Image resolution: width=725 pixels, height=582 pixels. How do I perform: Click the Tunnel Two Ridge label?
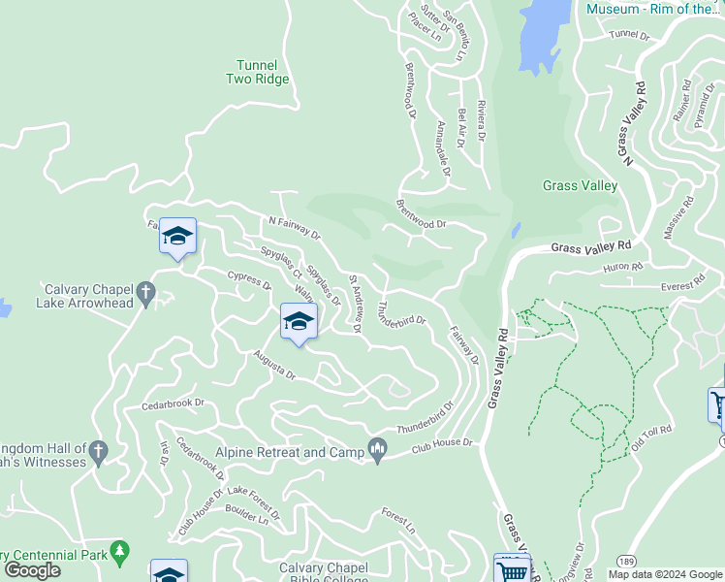pos(257,72)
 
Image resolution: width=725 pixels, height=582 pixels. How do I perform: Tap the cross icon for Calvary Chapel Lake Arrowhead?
pos(145,290)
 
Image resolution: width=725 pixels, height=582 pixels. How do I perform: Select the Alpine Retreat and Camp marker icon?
pos(378,448)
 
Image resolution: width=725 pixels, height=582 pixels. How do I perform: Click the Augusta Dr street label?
pos(273,366)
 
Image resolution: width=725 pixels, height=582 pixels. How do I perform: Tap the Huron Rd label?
pos(622,266)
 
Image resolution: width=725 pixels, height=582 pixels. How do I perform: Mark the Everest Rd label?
pos(678,286)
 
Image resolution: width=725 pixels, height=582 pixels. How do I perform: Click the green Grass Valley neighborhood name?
pos(580,185)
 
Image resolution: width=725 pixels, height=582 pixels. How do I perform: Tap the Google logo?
pos(32,570)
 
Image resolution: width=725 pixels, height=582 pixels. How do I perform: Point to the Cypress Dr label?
pos(248,281)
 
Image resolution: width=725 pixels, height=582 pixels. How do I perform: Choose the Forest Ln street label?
pos(397,522)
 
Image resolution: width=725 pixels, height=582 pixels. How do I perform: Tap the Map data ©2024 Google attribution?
pos(665,573)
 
